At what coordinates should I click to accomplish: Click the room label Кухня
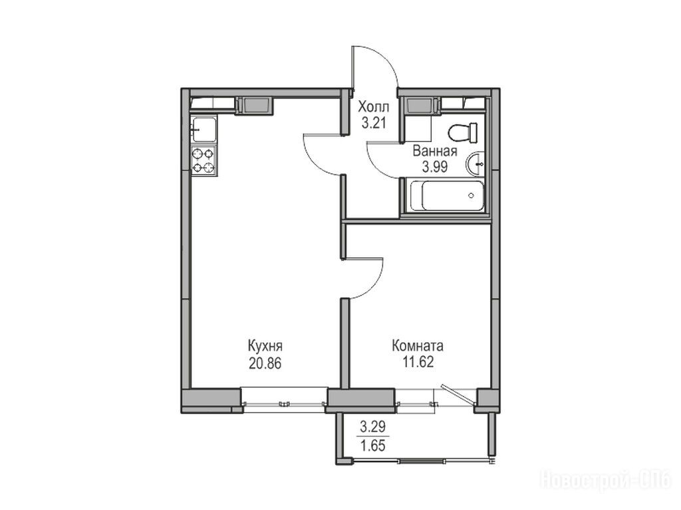coord(265,346)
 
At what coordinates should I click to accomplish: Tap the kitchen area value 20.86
coord(265,363)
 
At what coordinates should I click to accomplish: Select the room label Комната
coord(418,346)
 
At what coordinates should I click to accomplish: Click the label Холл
coord(374,107)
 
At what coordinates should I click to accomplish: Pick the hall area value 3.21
coord(374,123)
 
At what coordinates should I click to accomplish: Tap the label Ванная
coord(435,151)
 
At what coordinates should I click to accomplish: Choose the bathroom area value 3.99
coord(435,167)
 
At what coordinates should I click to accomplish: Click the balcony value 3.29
coord(373,427)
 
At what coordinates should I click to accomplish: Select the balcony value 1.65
coord(373,446)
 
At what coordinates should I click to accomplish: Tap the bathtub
coord(447,196)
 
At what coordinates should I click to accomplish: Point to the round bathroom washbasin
coord(476,165)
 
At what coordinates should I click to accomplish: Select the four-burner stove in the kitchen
coord(204,161)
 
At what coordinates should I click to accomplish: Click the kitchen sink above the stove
coord(204,129)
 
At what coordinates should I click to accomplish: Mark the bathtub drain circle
coord(472,196)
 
